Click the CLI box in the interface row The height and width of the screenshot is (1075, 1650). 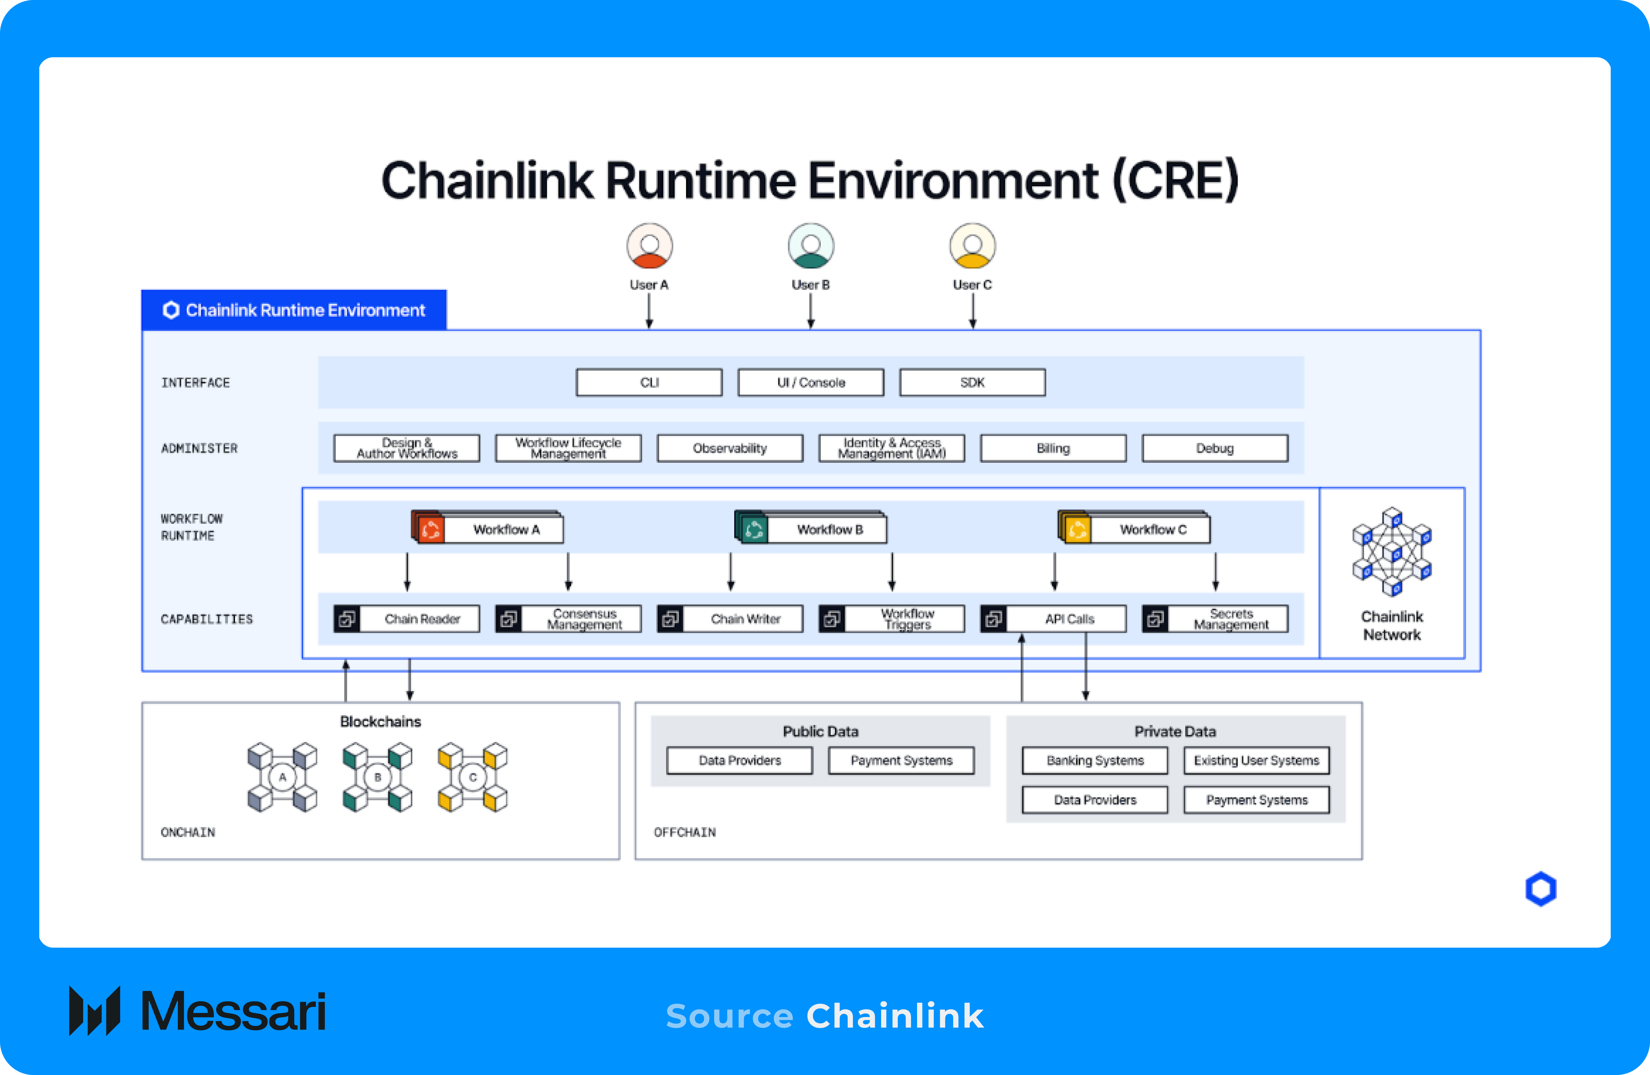pyautogui.click(x=649, y=383)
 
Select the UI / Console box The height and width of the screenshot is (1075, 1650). pyautogui.click(x=810, y=383)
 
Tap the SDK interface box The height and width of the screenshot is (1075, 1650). pyautogui.click(x=972, y=383)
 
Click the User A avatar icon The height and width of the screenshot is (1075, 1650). pyautogui.click(x=649, y=246)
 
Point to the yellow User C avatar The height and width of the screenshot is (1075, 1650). pyautogui.click(x=972, y=246)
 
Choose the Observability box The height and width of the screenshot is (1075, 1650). pyautogui.click(x=729, y=448)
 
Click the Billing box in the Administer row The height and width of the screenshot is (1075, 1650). pyautogui.click(x=1052, y=448)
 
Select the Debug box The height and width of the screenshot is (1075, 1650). pyautogui.click(x=1215, y=448)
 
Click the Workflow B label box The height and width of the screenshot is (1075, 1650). pyautogui.click(x=829, y=530)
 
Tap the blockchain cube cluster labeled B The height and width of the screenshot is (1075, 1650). pyautogui.click(x=377, y=777)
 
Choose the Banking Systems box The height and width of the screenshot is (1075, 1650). pyautogui.click(x=1095, y=760)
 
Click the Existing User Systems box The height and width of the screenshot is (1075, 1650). pyautogui.click(x=1256, y=760)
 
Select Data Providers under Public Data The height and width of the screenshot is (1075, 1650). pyautogui.click(x=739, y=760)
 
